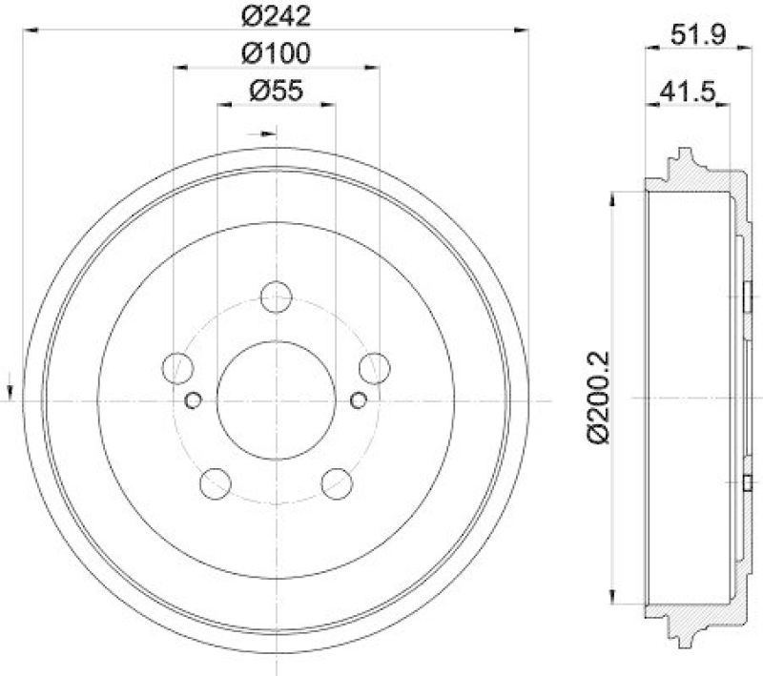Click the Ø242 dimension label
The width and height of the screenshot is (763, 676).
pyautogui.click(x=277, y=15)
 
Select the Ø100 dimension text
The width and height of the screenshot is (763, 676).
pyautogui.click(x=277, y=52)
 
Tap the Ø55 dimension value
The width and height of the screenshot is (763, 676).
pyautogui.click(x=277, y=91)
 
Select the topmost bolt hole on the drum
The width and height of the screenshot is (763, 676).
pyautogui.click(x=277, y=297)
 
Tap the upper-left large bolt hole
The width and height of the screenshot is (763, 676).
pyautogui.click(x=178, y=367)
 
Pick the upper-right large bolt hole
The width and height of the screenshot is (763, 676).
pyautogui.click(x=375, y=367)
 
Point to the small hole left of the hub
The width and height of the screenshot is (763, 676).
pyautogui.click(x=194, y=400)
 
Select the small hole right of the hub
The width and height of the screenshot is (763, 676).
pyautogui.click(x=360, y=400)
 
